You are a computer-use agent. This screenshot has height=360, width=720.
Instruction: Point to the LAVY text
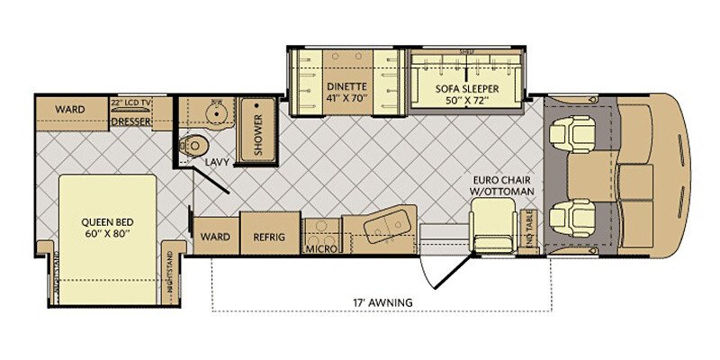[217, 162]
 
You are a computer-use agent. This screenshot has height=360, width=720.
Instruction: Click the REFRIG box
[269, 237]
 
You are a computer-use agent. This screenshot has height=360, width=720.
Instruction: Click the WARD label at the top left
[70, 110]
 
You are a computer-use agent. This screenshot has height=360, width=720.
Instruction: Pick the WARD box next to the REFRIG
[214, 237]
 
